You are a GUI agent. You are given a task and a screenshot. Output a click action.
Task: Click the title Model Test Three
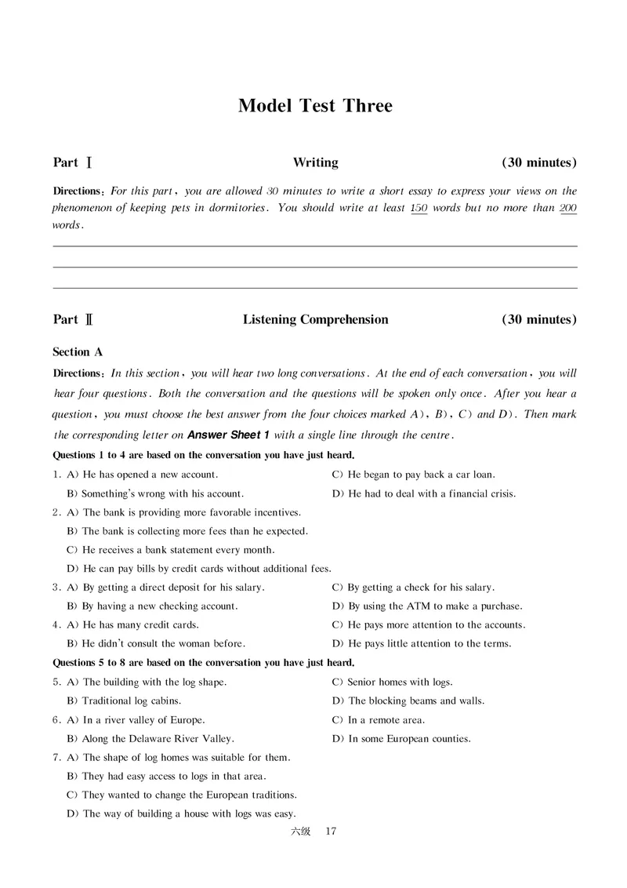click(314, 106)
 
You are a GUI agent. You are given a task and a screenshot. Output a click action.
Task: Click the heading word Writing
click(315, 163)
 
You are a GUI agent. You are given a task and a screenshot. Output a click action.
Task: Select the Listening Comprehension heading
click(315, 320)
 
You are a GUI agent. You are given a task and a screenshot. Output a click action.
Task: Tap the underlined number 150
click(419, 209)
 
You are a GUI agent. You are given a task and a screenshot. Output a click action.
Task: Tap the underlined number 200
click(568, 209)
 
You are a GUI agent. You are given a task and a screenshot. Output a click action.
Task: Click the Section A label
click(78, 352)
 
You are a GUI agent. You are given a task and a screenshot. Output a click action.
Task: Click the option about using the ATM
click(427, 606)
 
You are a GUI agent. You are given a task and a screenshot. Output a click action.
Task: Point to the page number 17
click(330, 832)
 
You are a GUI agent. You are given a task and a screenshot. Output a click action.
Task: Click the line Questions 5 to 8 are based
click(203, 663)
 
